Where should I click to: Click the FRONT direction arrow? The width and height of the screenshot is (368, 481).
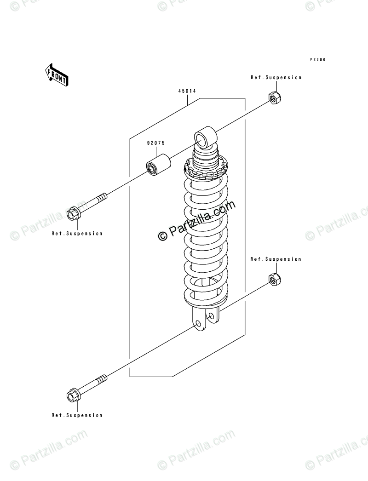point(56,74)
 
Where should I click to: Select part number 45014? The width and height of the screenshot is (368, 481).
point(187,91)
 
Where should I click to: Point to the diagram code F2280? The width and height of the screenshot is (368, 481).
point(317,59)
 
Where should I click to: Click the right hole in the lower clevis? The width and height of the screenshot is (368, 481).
point(211,316)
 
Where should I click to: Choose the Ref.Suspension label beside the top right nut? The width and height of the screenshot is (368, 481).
point(276,78)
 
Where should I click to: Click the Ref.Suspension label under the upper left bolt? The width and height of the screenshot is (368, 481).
point(77,234)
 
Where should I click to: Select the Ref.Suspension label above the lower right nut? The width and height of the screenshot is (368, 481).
point(276,259)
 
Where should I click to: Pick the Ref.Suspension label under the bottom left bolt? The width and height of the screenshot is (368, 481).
point(77,415)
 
